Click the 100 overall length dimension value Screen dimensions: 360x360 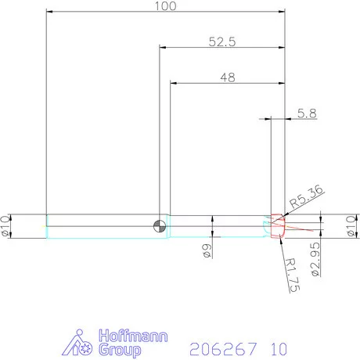(165, 6)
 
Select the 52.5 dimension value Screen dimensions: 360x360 (221, 42)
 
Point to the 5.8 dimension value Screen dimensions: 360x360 (308, 113)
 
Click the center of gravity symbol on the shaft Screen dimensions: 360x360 (160, 226)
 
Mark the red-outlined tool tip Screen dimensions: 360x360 (276, 226)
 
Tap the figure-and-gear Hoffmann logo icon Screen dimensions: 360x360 (81, 342)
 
